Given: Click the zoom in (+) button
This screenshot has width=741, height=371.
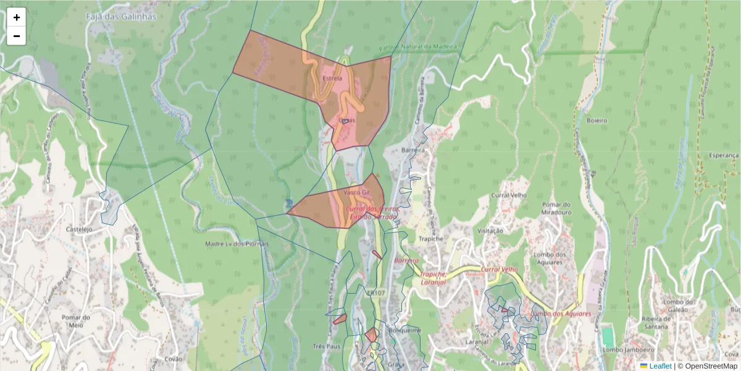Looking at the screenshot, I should [x=17, y=17].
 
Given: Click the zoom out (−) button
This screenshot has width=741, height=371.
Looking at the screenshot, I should [x=17, y=36].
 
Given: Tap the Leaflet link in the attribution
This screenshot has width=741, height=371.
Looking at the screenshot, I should [x=659, y=366].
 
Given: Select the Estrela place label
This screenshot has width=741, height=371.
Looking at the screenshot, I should [x=332, y=79].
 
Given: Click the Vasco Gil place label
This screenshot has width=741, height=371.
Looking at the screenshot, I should [x=356, y=192].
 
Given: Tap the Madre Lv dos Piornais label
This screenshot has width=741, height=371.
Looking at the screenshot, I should [x=237, y=244].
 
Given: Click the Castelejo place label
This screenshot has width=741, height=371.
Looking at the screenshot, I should [x=79, y=229].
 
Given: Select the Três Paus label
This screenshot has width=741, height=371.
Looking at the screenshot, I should [x=327, y=346].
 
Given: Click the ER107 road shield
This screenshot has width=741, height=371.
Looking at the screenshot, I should [x=375, y=292].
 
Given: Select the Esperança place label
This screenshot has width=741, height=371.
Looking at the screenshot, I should [x=724, y=155].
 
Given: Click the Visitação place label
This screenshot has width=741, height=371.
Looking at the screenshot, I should [x=491, y=231].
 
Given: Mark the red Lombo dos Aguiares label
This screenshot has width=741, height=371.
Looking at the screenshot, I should [x=561, y=313].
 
